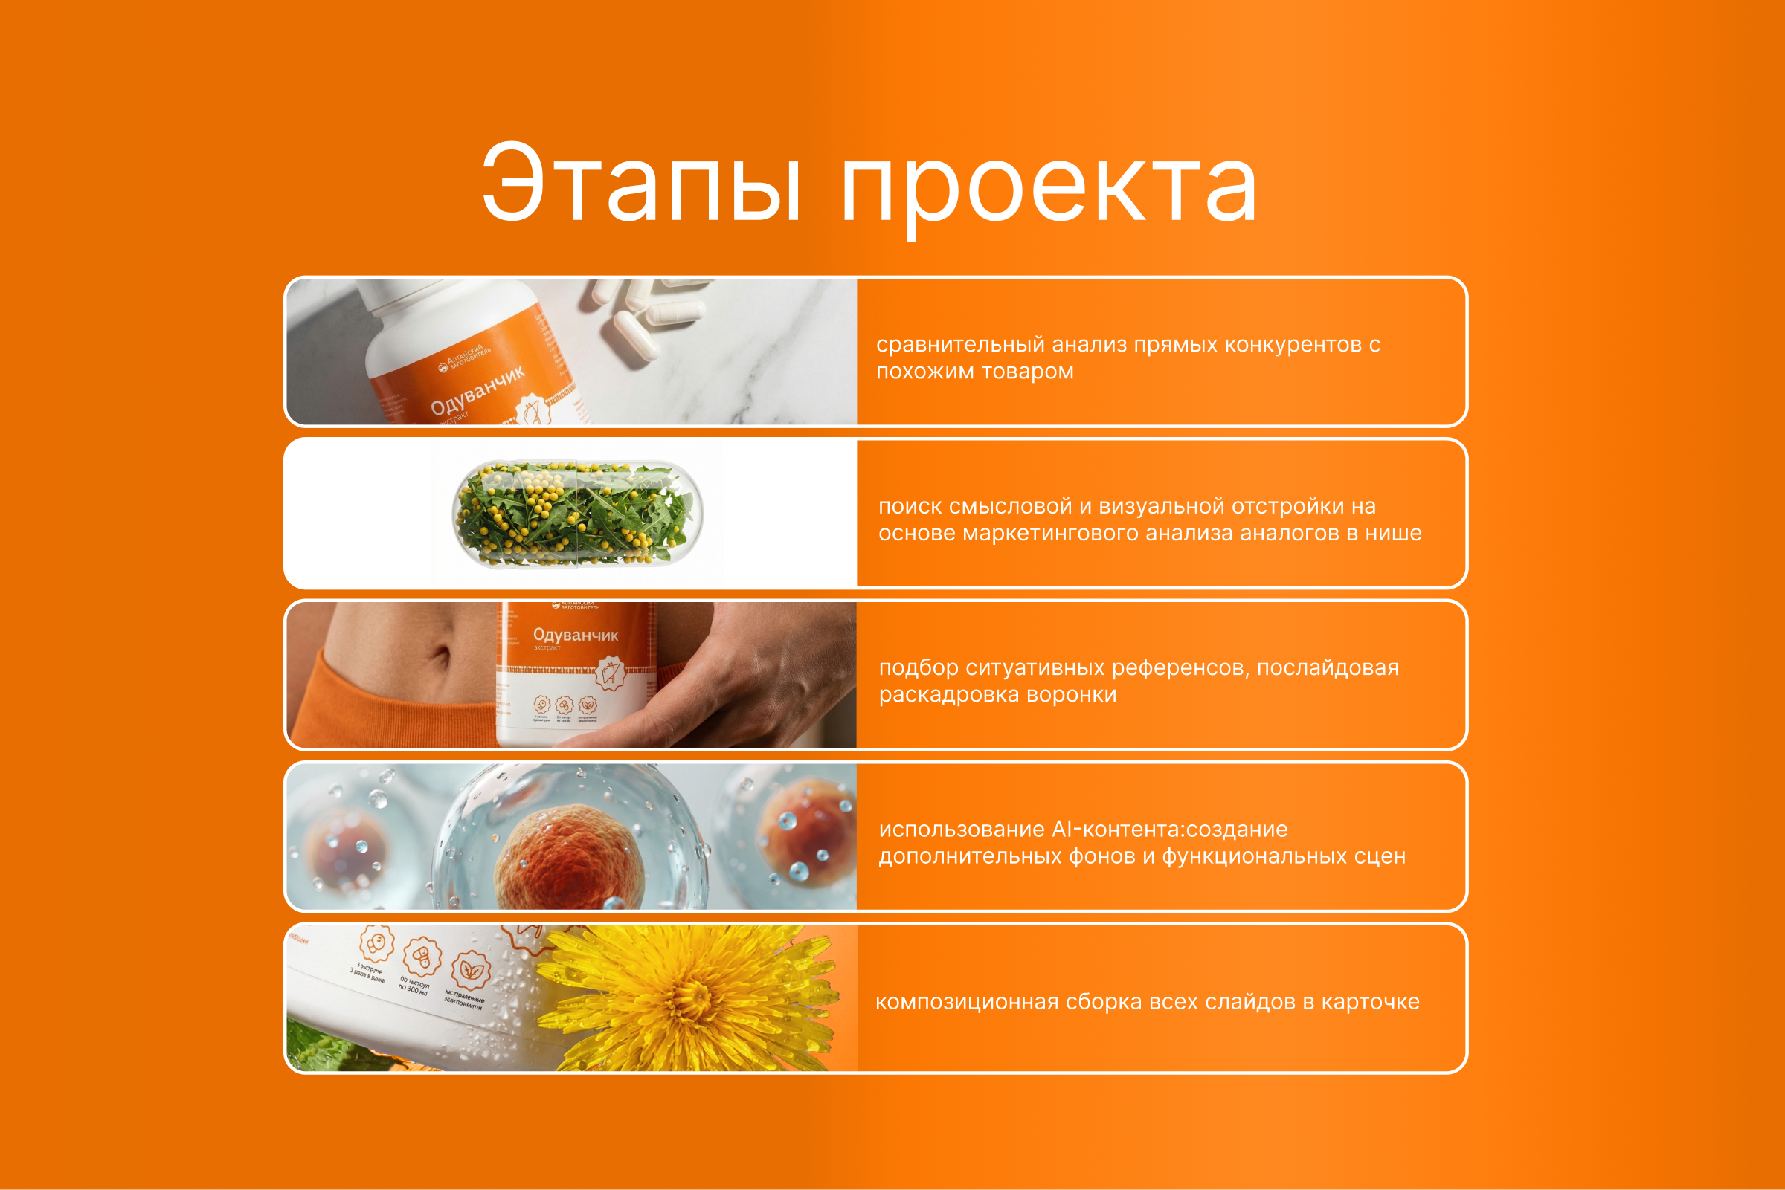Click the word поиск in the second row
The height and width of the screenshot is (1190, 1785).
click(x=910, y=506)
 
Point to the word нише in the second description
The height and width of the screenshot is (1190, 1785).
click(x=1393, y=533)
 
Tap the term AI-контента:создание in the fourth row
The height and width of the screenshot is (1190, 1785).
click(x=1169, y=829)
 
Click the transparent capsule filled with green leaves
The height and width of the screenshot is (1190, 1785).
click(x=577, y=514)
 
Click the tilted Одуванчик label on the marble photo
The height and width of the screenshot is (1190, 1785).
click(x=477, y=390)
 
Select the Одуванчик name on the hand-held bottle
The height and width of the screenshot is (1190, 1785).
click(x=575, y=635)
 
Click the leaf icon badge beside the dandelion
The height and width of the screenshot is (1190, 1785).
click(x=470, y=971)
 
